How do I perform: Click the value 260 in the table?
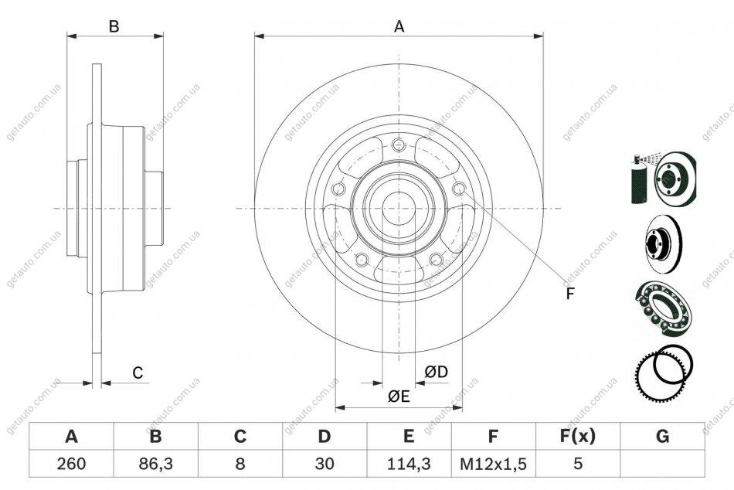(72, 463)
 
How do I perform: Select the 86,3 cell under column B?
(156, 463)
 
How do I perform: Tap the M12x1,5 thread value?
(493, 464)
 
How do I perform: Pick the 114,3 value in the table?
(409, 463)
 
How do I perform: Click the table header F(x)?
(578, 436)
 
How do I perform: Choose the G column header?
(662, 436)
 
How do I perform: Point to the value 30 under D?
(325, 463)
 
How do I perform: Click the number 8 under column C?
(240, 463)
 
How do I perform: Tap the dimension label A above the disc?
(399, 27)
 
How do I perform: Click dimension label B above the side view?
(114, 27)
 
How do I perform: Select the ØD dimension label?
(437, 372)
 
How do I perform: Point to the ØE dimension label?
(399, 396)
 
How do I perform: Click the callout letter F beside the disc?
(569, 294)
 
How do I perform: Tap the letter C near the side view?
(138, 373)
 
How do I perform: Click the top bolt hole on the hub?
(399, 145)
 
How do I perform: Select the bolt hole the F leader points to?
(459, 189)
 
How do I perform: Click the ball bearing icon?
(664, 308)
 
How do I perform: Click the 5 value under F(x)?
(578, 463)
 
